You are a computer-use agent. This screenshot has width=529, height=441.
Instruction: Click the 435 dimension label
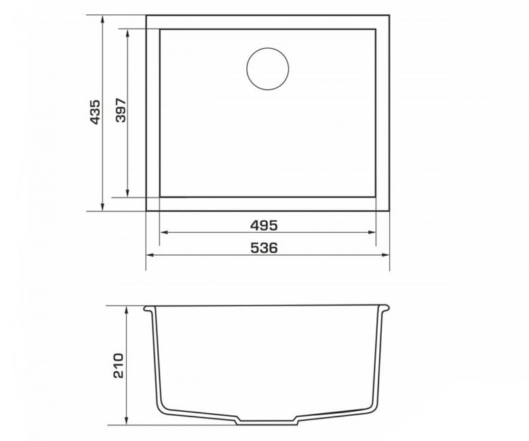(x=96, y=112)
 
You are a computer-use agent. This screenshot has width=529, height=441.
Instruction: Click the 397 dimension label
(x=121, y=110)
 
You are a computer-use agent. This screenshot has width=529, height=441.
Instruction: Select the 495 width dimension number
(x=264, y=225)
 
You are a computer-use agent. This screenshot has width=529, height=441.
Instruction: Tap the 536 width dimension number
(x=264, y=248)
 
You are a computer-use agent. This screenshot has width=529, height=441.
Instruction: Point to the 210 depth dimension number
(x=119, y=366)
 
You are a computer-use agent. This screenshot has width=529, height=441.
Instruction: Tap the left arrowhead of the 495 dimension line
(x=163, y=232)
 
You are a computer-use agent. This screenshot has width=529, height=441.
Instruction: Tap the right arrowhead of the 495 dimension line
(x=372, y=232)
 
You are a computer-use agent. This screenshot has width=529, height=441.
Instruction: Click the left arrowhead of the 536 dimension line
(x=150, y=254)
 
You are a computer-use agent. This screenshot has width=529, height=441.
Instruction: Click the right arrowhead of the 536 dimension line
(x=385, y=254)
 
